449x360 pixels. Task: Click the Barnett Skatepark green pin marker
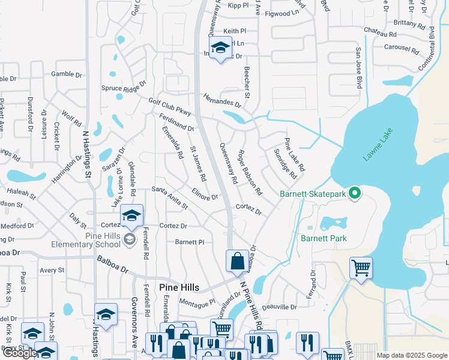point(355,193)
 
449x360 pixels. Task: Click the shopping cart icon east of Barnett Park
point(361,267)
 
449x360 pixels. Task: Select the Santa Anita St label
point(170,199)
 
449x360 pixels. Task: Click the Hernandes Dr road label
point(221,100)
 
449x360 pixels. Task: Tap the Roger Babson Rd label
point(250,173)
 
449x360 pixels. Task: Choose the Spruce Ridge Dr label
point(124,88)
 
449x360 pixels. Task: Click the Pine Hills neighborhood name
point(179,287)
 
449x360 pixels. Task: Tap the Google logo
point(20,353)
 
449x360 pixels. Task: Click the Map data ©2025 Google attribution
point(412,355)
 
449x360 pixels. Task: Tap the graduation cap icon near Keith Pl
point(220,47)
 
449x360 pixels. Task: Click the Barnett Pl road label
point(190,242)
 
